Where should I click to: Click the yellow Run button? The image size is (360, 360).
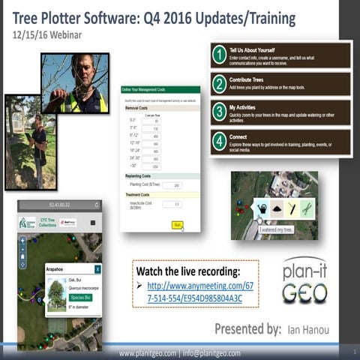point(177,225)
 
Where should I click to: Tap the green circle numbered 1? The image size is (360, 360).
point(219,55)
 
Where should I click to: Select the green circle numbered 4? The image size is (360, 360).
point(219,141)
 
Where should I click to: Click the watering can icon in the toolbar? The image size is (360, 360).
point(262,209)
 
